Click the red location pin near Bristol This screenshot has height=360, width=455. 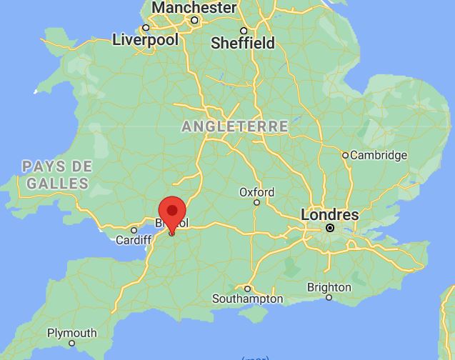tap(171, 214)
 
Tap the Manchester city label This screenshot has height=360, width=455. tap(194, 8)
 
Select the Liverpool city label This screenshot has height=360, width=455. tap(145, 40)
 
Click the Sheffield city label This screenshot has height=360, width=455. tap(243, 43)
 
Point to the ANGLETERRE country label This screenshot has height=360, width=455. tap(235, 126)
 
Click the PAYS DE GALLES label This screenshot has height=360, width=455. tap(57, 175)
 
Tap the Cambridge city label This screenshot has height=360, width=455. tap(379, 155)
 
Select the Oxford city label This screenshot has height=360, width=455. tap(256, 192)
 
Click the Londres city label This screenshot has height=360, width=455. tap(329, 214)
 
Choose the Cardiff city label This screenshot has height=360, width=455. tap(134, 240)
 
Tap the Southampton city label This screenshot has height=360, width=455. tap(248, 299)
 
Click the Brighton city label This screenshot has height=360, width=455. tap(329, 287)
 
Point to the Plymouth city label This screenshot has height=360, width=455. tap(72, 333)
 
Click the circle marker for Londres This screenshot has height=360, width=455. tap(330, 228)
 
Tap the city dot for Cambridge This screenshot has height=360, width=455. tap(345, 155)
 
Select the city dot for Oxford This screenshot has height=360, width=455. tap(257, 202)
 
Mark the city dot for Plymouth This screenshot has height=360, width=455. tap(72, 343)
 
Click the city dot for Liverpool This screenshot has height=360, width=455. tap(146, 29)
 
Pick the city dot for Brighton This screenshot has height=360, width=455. tap(329, 297)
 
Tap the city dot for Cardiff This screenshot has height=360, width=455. tap(134, 230)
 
